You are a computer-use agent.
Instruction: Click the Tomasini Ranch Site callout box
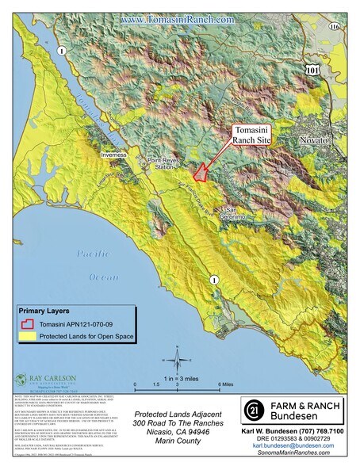point(253,136)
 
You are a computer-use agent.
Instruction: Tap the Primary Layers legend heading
point(49,311)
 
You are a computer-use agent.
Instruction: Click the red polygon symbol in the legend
point(28,323)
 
